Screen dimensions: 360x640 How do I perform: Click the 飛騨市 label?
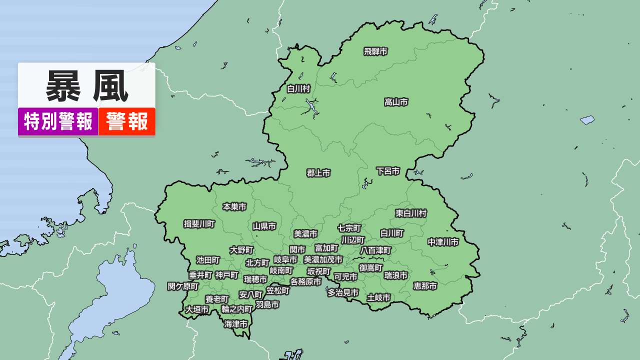[x=375, y=51]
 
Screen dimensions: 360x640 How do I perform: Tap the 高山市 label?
[x=396, y=102]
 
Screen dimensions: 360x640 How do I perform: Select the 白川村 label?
[x=298, y=89]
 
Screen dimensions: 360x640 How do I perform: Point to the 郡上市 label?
[x=318, y=173]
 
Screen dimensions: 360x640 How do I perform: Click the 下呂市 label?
[x=388, y=171]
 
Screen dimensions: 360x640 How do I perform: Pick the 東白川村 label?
[x=411, y=213]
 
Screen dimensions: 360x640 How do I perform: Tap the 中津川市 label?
[x=443, y=242]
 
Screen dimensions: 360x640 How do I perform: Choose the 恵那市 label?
[x=425, y=286]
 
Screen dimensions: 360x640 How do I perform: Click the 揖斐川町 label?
[x=199, y=224]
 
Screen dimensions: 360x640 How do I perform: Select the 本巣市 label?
[x=234, y=206]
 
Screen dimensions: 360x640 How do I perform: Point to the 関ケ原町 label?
[x=183, y=286]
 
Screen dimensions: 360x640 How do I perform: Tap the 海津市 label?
[x=236, y=324]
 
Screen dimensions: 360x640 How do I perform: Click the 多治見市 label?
[x=343, y=293]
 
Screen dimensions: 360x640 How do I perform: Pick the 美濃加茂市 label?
[x=323, y=260]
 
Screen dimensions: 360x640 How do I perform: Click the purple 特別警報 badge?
[x=58, y=121]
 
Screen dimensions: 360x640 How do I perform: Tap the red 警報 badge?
[x=127, y=121]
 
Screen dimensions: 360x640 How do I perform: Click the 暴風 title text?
[x=87, y=86]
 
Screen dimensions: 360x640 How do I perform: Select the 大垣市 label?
[x=197, y=310]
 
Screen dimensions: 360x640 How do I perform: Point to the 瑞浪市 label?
[x=396, y=275]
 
